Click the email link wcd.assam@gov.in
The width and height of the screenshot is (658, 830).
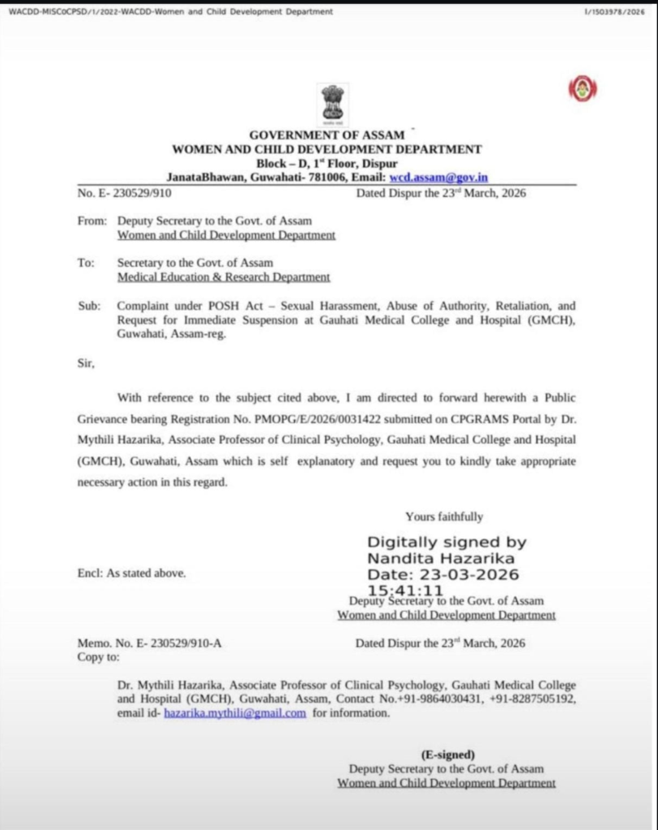coord(438,177)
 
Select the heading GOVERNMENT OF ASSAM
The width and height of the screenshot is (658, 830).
coord(327,135)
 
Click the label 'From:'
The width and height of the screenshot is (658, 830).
coord(92,220)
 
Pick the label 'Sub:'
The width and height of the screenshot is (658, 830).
coord(89,306)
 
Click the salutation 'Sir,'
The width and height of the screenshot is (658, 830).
coord(86,363)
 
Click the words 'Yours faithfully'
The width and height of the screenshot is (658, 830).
coord(444,516)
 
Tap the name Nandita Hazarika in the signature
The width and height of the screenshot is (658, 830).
coord(441,558)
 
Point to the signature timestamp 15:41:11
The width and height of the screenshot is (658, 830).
coord(405,590)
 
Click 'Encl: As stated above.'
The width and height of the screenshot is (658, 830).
coord(131,572)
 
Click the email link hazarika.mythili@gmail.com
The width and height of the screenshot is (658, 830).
coord(235,713)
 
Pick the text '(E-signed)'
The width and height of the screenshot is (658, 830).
coord(448,754)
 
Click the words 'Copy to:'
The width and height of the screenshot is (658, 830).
coord(98,657)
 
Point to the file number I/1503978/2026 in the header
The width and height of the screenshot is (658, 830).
coord(614,11)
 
